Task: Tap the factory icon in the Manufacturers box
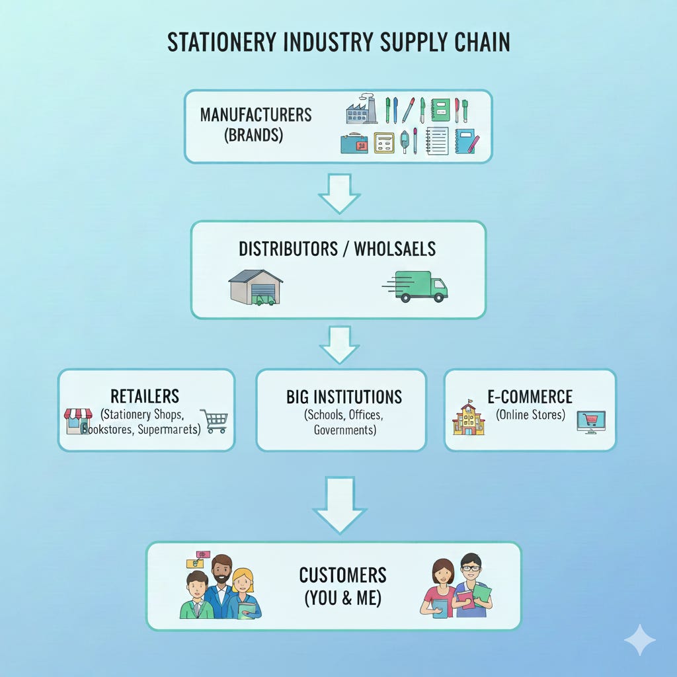362,108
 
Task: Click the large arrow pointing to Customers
339,505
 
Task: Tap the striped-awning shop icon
78,421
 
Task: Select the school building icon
469,418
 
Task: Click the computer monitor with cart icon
590,422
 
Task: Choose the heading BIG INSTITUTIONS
344,397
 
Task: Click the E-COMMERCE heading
530,397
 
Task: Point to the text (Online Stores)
530,415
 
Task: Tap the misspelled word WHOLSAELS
395,249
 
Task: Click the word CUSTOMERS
342,575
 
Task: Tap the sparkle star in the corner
639,639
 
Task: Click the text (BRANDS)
253,136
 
